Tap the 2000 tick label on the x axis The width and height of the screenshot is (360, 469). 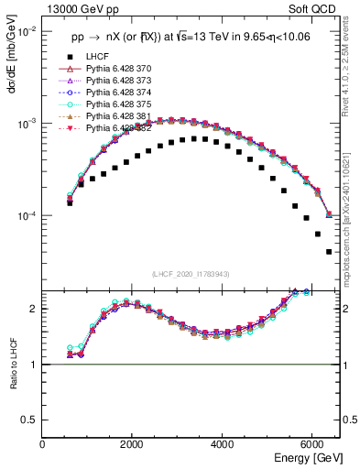[133, 444]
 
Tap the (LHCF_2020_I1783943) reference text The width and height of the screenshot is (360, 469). [191, 274]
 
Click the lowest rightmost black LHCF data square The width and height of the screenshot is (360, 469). [329, 252]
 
